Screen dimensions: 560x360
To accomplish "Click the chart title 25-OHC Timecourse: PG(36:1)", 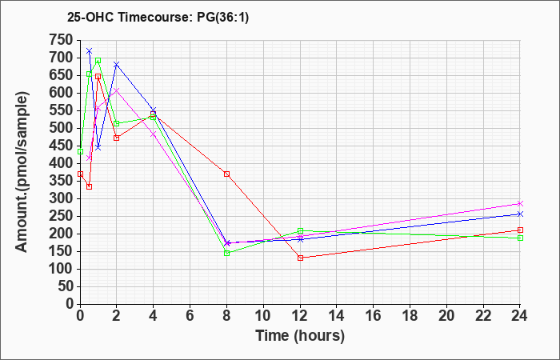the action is tap(158, 17).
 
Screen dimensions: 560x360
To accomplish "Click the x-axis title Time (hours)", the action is tap(300, 336).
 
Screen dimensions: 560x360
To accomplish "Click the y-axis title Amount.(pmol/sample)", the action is tap(22, 172).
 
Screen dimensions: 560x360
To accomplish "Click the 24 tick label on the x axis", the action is tap(519, 316).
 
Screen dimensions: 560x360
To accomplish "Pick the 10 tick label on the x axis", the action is tap(263, 316).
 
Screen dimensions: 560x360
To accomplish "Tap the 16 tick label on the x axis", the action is tap(373, 316).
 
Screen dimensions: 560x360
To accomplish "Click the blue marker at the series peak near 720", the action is tap(90, 50).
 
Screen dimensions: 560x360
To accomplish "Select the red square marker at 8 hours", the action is tap(226, 174).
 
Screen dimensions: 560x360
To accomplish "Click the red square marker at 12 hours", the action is tap(300, 258).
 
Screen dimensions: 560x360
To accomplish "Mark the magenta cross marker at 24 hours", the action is tap(520, 203).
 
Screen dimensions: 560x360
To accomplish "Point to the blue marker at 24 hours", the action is tap(520, 214).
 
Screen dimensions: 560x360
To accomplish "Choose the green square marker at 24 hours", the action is tap(520, 238).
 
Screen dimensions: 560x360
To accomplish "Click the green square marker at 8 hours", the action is tap(226, 253).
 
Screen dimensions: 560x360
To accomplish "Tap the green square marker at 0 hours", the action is tap(80, 152).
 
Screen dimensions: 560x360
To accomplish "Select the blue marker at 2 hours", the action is tap(117, 64).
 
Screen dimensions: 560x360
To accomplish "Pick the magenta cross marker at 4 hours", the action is tap(154, 134).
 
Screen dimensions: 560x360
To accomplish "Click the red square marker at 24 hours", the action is tap(520, 230).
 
